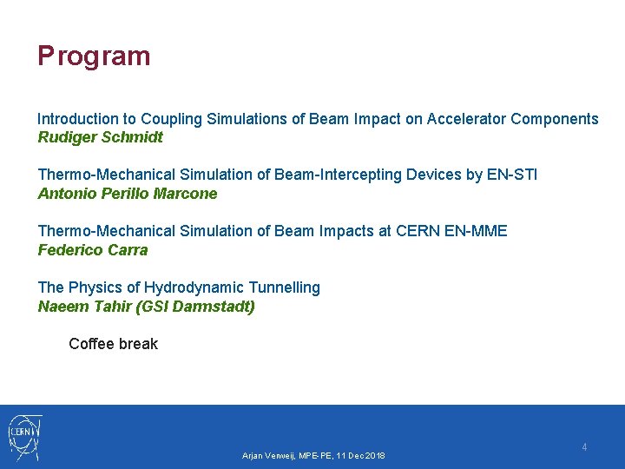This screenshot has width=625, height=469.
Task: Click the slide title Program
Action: (x=94, y=56)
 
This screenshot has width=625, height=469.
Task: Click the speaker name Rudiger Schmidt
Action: (x=100, y=137)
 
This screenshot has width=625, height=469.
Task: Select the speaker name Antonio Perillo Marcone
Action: (x=128, y=194)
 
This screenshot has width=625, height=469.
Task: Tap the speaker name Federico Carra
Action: (x=93, y=250)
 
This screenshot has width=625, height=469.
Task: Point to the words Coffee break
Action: (x=113, y=344)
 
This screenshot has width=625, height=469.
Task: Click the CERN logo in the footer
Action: (x=25, y=436)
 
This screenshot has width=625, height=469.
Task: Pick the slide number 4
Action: (x=584, y=447)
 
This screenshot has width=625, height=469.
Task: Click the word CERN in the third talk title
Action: (x=418, y=231)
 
